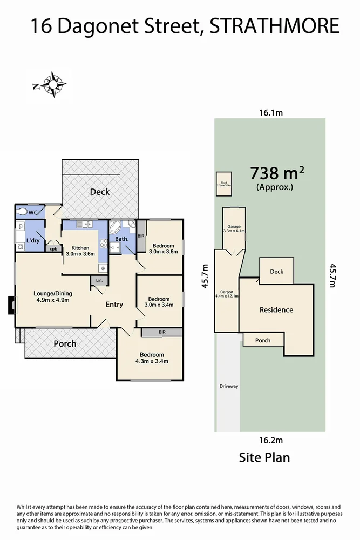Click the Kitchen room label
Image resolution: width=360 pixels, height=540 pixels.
(x=80, y=248)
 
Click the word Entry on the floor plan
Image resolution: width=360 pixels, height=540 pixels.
(x=114, y=305)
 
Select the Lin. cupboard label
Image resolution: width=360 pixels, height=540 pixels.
(x=99, y=281)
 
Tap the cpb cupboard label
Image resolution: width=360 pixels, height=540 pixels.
(x=53, y=249)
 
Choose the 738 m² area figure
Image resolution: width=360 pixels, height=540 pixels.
(x=277, y=173)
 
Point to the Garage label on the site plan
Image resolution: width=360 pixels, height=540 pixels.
(x=234, y=226)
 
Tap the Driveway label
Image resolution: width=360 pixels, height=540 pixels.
(x=229, y=386)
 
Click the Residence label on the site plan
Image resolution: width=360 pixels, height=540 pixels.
(x=276, y=310)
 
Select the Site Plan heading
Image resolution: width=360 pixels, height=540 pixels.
(x=264, y=458)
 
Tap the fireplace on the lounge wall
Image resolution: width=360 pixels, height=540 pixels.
(x=11, y=306)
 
